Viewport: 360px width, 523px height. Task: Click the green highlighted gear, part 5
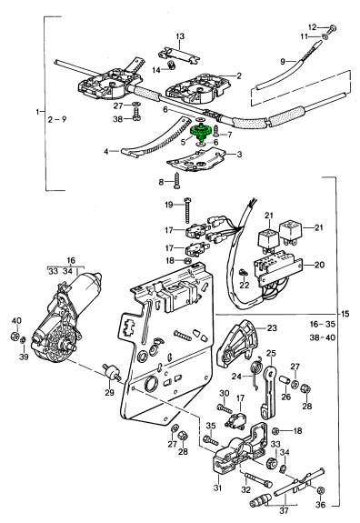coord(201,131)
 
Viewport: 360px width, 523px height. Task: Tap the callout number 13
coord(180,36)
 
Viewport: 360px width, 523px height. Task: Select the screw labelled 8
coord(177,180)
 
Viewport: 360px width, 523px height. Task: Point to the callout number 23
coord(272,328)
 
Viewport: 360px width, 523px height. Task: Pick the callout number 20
coord(319,266)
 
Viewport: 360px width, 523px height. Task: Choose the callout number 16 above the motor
coord(71,260)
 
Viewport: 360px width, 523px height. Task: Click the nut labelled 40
coord(15,336)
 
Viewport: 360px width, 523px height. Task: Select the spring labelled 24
coord(256,369)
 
